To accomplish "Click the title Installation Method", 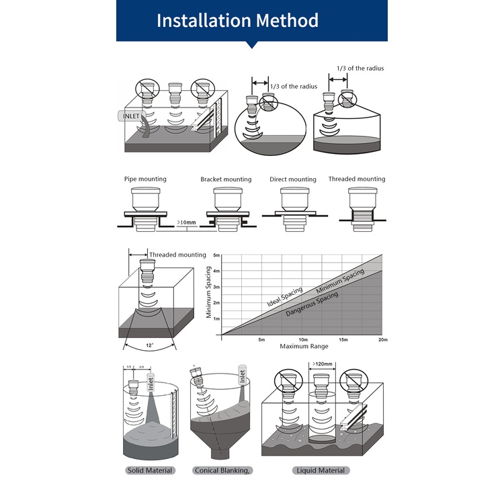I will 237,20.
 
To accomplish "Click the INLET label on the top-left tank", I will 130,116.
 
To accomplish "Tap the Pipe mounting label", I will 145,179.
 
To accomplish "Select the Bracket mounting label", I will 226,179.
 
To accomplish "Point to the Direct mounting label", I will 292,179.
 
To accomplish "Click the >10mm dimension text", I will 187,221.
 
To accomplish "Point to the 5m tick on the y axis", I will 216,256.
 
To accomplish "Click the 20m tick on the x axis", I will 383,340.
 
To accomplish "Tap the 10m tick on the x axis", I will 303,340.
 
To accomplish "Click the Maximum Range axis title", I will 302,347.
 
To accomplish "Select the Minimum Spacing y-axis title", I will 209,293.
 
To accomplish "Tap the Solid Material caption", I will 150,470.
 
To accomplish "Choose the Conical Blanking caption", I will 222,470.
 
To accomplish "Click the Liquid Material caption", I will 321,470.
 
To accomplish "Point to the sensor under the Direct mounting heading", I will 293,208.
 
